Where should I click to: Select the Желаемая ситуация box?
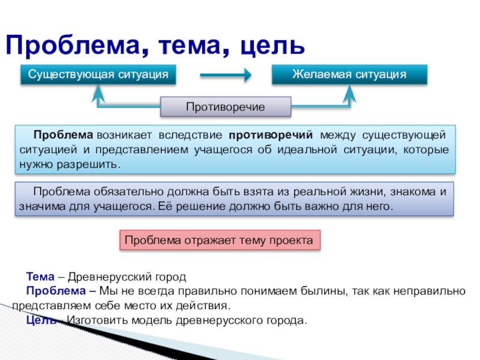[x=349, y=74]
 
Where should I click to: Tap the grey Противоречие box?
[x=226, y=107]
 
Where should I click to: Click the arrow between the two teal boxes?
[x=225, y=75]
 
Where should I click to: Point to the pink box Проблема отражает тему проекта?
[x=219, y=240]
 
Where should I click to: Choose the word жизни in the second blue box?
[x=365, y=192]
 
